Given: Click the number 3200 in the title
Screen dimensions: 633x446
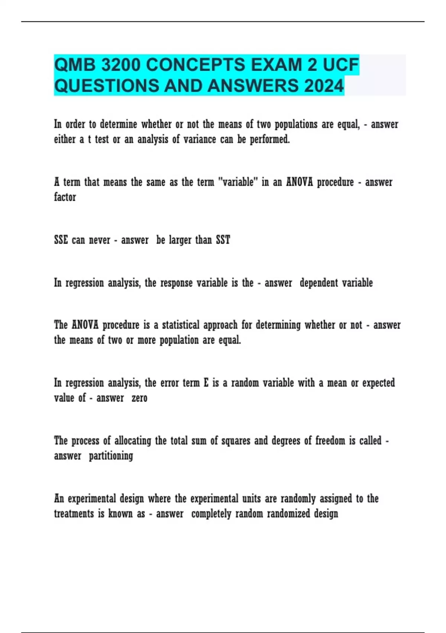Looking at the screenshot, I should pyautogui.click(x=121, y=65).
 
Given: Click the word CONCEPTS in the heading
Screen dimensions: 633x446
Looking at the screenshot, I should pyautogui.click(x=195, y=65).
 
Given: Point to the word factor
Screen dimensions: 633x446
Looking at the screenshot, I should pyautogui.click(x=65, y=197).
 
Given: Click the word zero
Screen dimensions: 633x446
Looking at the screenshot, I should pyautogui.click(x=139, y=398).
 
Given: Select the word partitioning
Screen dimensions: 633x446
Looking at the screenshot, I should pyautogui.click(x=111, y=456).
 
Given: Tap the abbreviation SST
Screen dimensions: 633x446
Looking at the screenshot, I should pyautogui.click(x=223, y=240).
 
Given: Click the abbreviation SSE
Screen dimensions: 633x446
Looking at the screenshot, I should pyautogui.click(x=61, y=240).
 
